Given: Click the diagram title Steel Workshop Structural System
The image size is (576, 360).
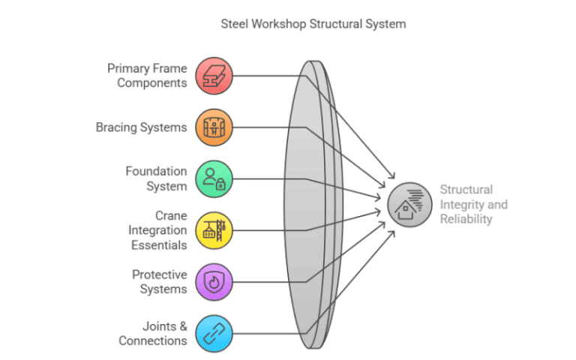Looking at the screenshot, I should coord(313,24).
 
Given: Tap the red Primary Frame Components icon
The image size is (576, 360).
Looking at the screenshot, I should coord(214,76).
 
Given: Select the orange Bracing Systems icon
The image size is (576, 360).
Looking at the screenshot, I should coord(214,127).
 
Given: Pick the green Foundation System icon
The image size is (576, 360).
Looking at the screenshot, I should coord(214,178).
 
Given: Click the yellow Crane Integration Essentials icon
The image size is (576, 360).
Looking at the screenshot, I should coord(214,229).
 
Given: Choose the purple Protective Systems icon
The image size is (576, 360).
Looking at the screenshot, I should coord(214,281).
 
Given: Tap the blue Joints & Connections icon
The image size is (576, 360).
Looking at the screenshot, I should coord(214,332).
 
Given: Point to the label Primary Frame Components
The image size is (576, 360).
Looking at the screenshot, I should coord(147,76).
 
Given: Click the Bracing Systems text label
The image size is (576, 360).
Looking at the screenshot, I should coord(142,127).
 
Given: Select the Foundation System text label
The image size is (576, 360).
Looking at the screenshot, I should coord(156,178).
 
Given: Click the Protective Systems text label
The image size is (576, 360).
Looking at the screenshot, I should coord(159,281).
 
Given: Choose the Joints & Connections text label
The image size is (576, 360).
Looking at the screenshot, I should coord(153,332).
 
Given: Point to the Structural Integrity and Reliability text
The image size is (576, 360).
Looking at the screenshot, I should coord(473,204).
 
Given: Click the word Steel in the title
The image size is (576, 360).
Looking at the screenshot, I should coord(235,24).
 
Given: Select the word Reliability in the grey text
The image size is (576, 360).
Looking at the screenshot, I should coord(466,219).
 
